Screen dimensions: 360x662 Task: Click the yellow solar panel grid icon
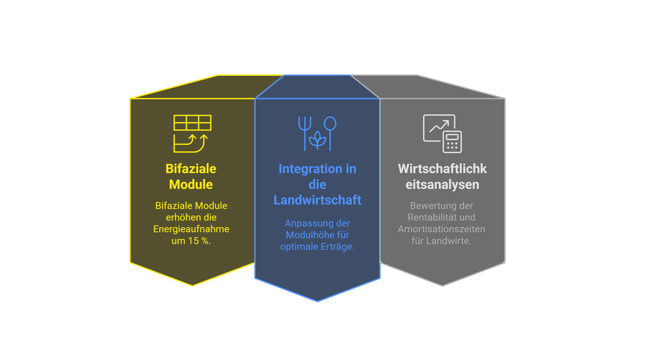192,123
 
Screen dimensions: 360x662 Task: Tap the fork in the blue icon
305,130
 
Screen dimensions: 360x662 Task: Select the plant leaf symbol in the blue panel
317,140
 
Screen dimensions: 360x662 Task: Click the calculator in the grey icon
452,142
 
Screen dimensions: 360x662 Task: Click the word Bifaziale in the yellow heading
191,169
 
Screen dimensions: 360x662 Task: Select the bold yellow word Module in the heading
191,184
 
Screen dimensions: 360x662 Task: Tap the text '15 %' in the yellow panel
199,241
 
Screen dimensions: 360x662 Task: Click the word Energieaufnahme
191,229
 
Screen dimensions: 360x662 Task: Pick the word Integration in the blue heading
310,169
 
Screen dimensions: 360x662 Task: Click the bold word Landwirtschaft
317,200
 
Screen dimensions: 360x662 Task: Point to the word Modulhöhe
317,235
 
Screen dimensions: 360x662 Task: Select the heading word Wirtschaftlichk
442,169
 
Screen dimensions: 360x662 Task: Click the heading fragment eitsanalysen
442,184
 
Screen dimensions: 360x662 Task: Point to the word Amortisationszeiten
441,229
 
